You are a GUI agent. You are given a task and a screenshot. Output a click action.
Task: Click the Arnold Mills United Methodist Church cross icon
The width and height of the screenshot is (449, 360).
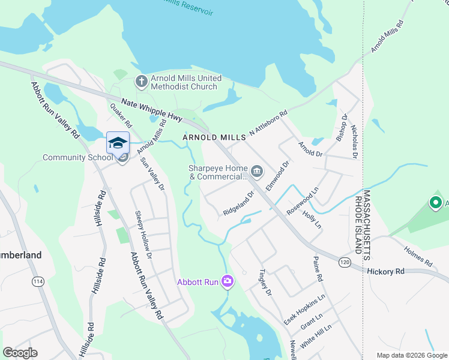coord(141,82)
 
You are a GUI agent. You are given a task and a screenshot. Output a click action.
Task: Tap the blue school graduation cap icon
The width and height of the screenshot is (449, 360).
coord(118,143)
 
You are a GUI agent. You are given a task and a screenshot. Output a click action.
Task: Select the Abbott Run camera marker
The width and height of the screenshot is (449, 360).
coord(228,281)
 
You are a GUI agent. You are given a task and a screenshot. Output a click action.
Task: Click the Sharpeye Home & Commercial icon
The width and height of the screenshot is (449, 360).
coord(257,172)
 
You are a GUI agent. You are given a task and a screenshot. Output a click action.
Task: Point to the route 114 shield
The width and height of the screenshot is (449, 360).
coord(38,281)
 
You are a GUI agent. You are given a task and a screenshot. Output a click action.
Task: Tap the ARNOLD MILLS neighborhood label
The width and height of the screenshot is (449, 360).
coord(214,137)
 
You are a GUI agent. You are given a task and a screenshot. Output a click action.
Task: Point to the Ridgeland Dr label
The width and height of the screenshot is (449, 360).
coord(239,207)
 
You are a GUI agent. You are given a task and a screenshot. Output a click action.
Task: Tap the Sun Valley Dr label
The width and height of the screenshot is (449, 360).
coord(152,174)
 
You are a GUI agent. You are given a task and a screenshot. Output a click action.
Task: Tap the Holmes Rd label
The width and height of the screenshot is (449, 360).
coord(418,257)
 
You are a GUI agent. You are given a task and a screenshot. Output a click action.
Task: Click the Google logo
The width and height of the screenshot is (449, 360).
coord(20,353)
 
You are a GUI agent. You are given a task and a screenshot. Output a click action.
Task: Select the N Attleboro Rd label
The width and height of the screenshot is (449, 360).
coord(268,122)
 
